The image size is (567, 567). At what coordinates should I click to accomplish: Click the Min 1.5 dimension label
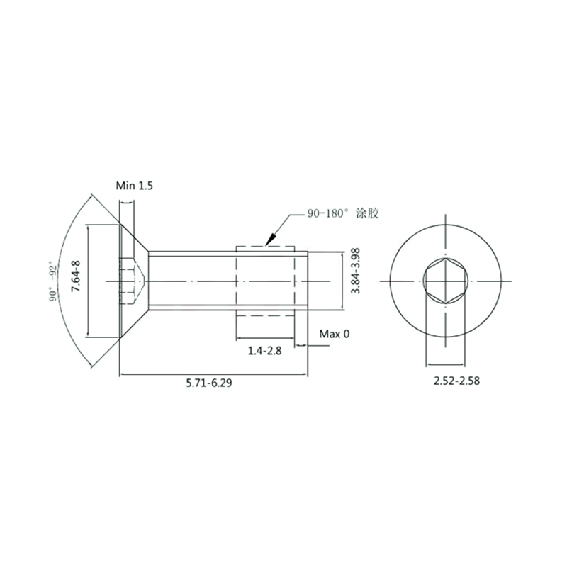pyautogui.click(x=134, y=186)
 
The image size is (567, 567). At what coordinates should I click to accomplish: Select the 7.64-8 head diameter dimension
pyautogui.click(x=76, y=276)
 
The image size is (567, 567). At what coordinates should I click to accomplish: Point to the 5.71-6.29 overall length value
pyautogui.click(x=209, y=383)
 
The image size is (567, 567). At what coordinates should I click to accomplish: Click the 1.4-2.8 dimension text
pyautogui.click(x=264, y=351)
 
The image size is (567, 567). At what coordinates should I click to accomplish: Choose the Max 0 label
pyautogui.click(x=335, y=334)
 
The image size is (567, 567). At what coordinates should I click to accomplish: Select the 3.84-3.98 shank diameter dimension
pyautogui.click(x=356, y=271)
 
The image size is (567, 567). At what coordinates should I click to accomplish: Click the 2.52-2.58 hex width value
pyautogui.click(x=456, y=381)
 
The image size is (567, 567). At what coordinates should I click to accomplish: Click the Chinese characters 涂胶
pyautogui.click(x=367, y=213)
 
